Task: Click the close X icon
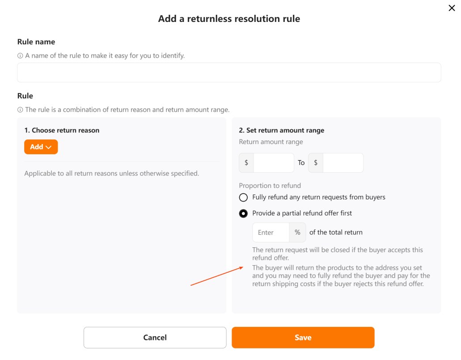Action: click(452, 8)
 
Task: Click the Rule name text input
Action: click(229, 72)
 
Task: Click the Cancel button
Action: click(155, 338)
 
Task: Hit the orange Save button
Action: click(303, 338)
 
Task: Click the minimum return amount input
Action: click(273, 163)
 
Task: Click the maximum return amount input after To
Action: click(343, 163)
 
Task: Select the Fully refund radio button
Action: click(243, 197)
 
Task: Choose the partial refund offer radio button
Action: click(243, 213)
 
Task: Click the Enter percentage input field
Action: click(271, 233)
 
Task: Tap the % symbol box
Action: click(298, 233)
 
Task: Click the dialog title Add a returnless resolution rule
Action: click(229, 19)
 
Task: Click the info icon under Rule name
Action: click(20, 56)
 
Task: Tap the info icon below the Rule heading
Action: click(20, 110)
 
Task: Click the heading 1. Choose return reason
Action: click(62, 131)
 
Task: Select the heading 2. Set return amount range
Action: click(282, 131)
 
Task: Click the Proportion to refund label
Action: click(270, 186)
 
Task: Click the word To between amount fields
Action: click(301, 163)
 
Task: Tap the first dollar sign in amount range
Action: click(246, 163)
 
